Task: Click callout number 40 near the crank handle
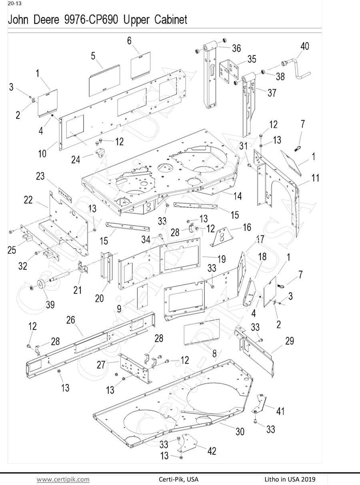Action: coord(305,46)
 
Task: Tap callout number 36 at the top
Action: coord(236,48)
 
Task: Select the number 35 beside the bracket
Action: coord(252,59)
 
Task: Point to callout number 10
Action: coord(42,154)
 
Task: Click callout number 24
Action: coord(76,160)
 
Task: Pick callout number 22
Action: coord(28,200)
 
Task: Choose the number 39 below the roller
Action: coord(50,304)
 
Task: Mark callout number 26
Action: coord(71,320)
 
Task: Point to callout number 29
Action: coord(290,341)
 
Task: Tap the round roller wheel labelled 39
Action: coord(40,285)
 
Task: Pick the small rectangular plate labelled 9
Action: coord(142,297)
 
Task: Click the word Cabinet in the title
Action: coord(171,20)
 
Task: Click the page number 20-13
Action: coord(15,4)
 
